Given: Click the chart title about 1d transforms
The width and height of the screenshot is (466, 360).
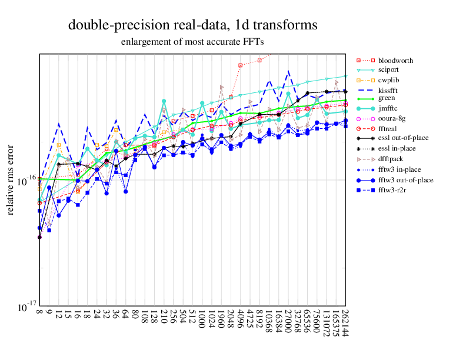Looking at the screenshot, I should click(193, 25).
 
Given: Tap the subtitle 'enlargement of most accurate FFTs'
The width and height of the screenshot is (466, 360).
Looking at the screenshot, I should click(193, 42).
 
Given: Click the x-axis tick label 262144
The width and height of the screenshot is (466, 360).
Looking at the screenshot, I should click(345, 325).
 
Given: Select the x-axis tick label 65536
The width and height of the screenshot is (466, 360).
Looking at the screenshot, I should click(307, 322).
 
